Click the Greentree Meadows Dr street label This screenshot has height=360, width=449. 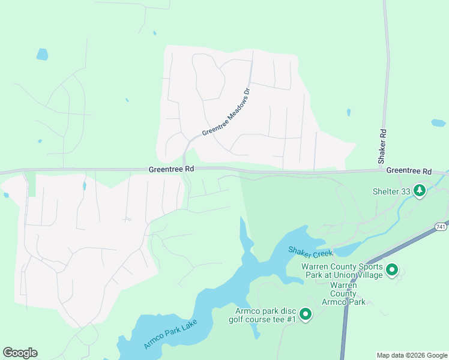coord(226,112)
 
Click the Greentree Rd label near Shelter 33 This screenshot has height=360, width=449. coord(409,171)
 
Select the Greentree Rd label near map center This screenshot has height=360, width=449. coord(172,170)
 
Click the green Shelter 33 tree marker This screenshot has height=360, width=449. coord(420,191)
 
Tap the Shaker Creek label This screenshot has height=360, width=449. coord(310,252)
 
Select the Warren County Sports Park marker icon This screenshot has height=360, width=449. coord(392,270)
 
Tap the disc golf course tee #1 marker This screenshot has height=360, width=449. coord(306,314)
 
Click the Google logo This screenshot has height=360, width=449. coord(20,353)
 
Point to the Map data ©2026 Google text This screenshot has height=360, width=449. coord(411,355)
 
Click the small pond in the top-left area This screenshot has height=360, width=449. coord(42,54)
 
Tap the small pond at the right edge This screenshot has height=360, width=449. coord(438,123)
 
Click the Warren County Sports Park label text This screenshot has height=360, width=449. coord(342,270)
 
